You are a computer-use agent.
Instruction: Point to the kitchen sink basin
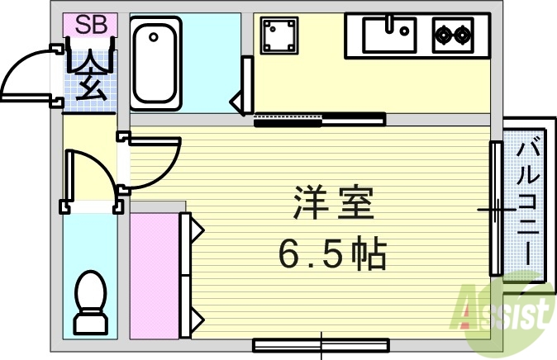(x=388, y=35)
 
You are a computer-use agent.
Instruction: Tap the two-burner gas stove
(x=453, y=35)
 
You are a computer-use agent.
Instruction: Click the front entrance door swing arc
(x=29, y=74)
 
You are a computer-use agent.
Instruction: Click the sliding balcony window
(x=496, y=209)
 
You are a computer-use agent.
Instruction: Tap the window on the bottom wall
(x=320, y=343)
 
